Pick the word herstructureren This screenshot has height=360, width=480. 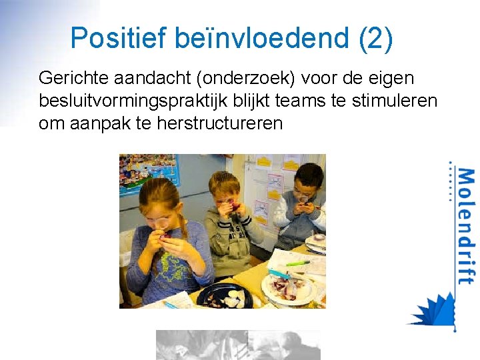tap(219, 123)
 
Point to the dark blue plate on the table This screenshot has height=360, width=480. tap(224, 295)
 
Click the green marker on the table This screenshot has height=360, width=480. tap(298, 263)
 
